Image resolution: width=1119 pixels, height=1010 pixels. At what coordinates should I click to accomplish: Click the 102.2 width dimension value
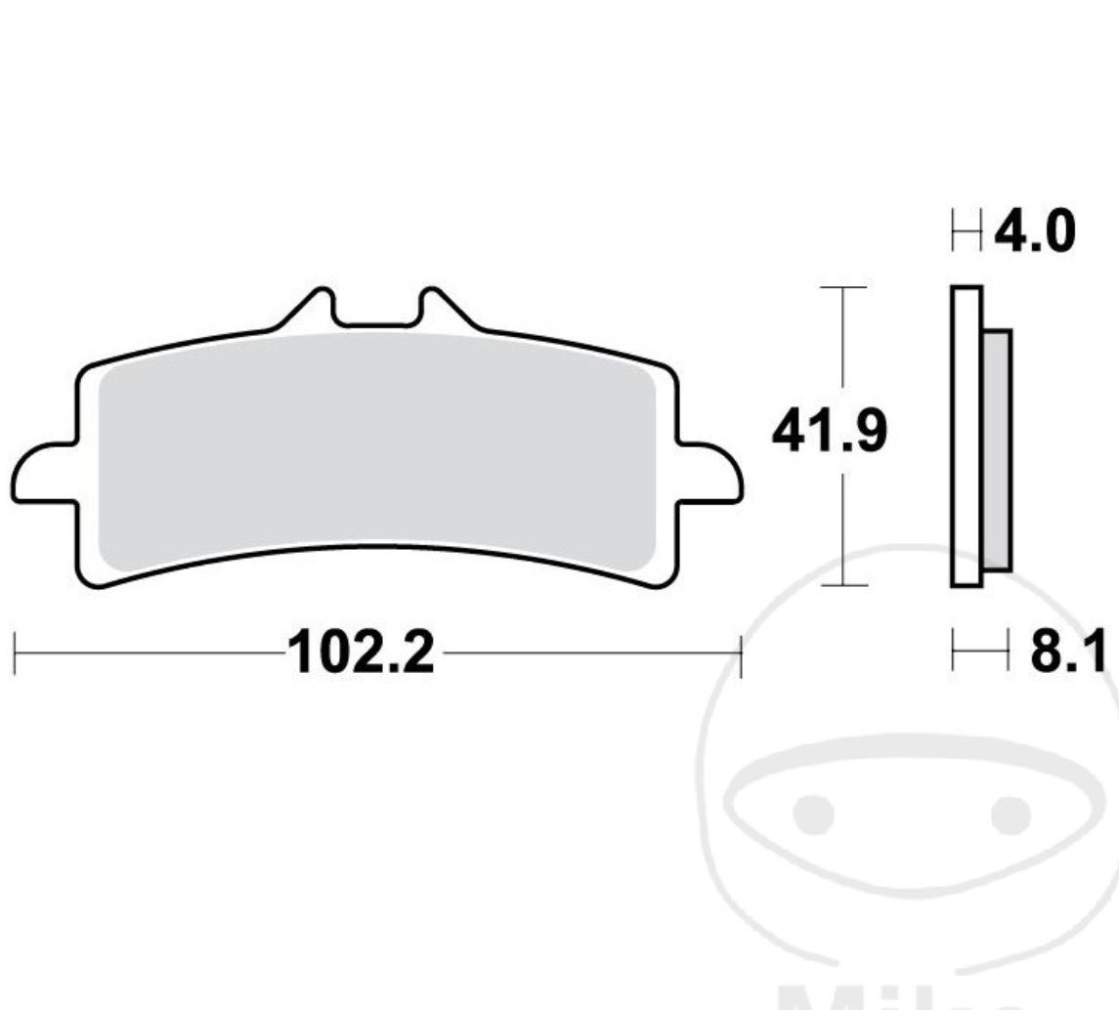(x=360, y=652)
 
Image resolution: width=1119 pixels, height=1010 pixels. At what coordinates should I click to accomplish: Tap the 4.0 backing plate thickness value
(x=1034, y=232)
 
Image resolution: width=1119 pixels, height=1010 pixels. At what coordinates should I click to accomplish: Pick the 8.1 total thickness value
(x=1067, y=652)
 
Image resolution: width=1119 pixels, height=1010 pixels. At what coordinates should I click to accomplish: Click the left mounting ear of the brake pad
(x=45, y=473)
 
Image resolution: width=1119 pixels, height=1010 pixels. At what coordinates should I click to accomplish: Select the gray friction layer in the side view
(x=997, y=449)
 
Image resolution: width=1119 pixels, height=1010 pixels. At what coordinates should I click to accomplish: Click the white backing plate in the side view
(x=966, y=436)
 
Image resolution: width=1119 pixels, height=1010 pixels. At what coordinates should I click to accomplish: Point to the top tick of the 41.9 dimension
(x=842, y=287)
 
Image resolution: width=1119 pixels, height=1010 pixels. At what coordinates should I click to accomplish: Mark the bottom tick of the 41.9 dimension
(x=842, y=585)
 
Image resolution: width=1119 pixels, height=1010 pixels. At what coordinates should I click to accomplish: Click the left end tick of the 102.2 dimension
(x=16, y=652)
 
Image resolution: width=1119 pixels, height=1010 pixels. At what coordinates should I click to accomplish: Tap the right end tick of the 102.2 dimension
(x=741, y=652)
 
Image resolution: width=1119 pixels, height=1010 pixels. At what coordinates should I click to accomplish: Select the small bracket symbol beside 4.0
(x=966, y=233)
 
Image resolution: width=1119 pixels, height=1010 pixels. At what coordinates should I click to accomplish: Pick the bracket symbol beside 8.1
(x=978, y=652)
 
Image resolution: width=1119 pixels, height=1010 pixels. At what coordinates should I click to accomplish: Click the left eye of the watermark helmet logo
(x=812, y=813)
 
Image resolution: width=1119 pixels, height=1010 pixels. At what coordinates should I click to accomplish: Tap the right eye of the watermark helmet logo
(x=1011, y=813)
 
